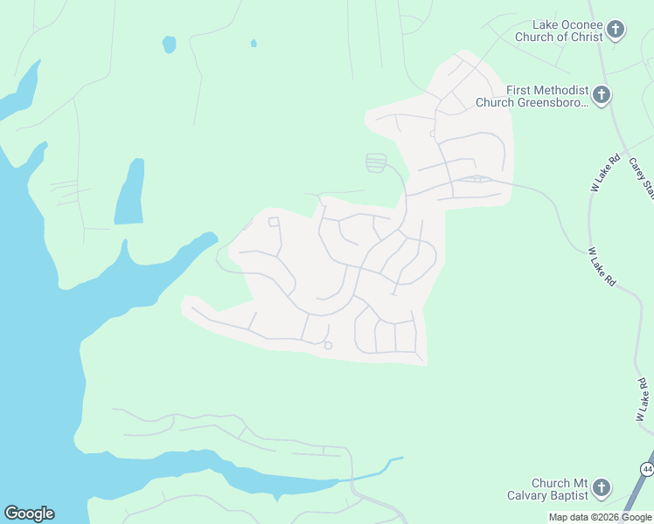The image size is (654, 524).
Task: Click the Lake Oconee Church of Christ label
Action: (x=568, y=31)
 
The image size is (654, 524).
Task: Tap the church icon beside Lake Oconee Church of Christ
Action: (x=616, y=31)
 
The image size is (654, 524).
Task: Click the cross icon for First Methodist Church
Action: (x=601, y=94)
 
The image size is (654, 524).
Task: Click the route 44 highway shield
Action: (x=647, y=470)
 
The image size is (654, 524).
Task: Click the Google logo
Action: (x=29, y=514)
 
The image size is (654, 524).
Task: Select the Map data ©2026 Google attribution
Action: (x=599, y=517)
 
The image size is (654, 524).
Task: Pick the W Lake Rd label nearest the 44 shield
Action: (x=643, y=398)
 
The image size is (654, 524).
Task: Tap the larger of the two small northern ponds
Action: (x=169, y=44)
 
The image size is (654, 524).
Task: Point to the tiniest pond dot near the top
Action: (x=254, y=43)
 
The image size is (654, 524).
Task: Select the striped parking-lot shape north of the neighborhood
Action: (x=376, y=162)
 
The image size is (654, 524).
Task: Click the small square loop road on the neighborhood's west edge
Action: (x=274, y=222)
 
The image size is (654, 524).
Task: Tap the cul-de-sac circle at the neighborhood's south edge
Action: (x=328, y=346)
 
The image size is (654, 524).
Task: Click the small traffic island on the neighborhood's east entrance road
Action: (x=477, y=180)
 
